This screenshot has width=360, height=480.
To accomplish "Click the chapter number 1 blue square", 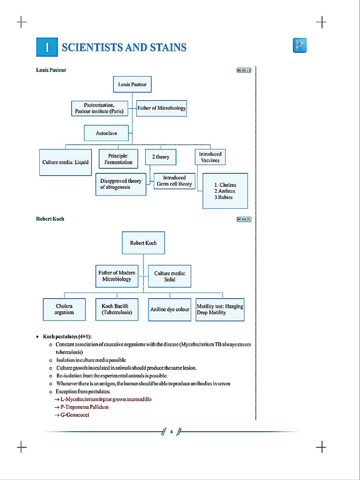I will (46, 47).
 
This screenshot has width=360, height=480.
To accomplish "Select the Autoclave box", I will (106, 133).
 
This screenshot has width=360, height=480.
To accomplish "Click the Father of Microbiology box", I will (161, 108).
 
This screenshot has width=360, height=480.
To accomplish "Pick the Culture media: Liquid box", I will (65, 162).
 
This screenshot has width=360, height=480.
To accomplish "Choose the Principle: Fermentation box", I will (118, 159).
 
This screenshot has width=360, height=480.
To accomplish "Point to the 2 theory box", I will (160, 157).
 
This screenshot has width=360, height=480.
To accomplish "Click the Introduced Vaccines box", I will (210, 157).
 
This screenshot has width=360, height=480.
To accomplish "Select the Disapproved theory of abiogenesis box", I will (120, 184).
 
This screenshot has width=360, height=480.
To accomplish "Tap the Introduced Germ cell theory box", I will (174, 181).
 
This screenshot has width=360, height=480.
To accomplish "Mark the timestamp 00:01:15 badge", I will (244, 70).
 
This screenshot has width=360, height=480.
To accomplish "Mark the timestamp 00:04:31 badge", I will (244, 219).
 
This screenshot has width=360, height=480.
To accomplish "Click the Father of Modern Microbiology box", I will (117, 276).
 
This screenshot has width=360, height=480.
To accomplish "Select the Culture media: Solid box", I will (170, 276).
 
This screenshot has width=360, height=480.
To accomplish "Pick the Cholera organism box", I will (64, 309).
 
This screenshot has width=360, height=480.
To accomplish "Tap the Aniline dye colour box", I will (170, 309).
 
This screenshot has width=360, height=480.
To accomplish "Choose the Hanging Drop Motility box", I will (220, 309).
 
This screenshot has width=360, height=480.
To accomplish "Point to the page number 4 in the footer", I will (172, 432).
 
